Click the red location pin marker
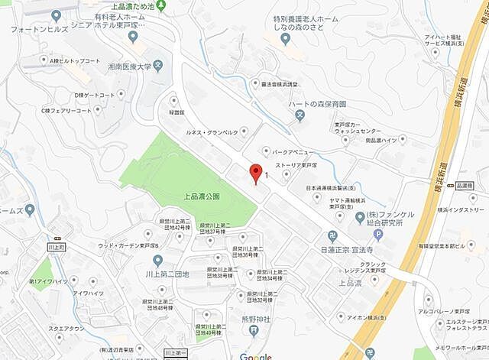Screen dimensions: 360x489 point(256,172)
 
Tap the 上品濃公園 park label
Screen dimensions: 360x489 point(202,196)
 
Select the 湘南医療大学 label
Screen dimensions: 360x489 point(125,66)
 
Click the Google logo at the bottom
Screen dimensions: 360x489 point(255,356)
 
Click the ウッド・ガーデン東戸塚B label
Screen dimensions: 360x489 point(128,245)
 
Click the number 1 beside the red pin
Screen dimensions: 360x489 point(266,177)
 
